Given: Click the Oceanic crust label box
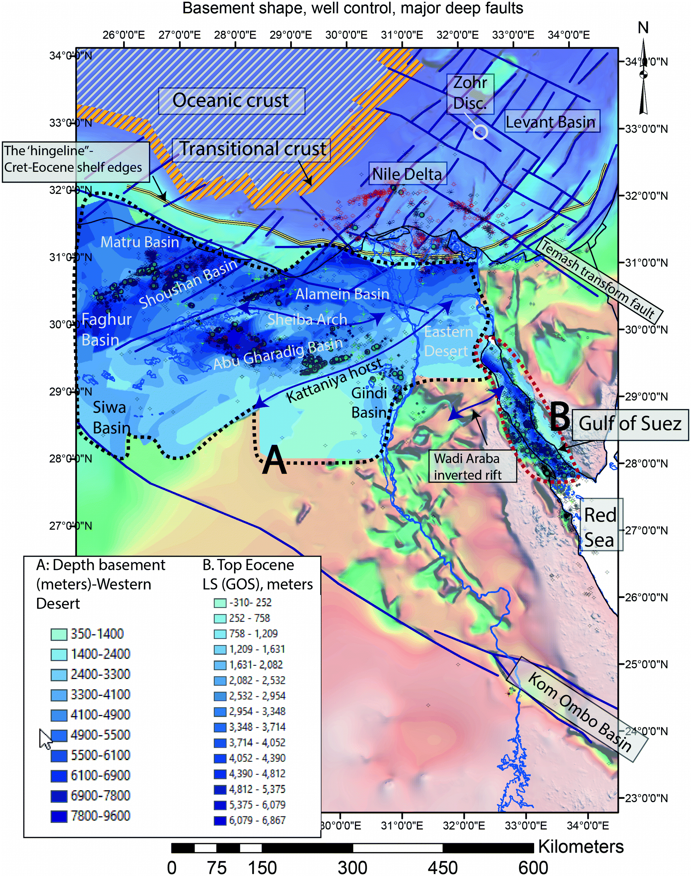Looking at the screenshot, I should pyautogui.click(x=231, y=101).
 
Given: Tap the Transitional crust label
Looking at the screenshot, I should pyautogui.click(x=252, y=149).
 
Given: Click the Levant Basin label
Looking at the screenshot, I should pyautogui.click(x=551, y=122).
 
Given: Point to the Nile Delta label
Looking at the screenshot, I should pyautogui.click(x=407, y=174).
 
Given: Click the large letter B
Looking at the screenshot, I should pyautogui.click(x=560, y=417).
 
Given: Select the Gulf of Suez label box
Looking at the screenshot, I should pyautogui.click(x=629, y=424).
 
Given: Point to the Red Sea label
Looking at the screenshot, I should pyautogui.click(x=600, y=527).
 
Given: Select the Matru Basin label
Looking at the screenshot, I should pyautogui.click(x=139, y=242).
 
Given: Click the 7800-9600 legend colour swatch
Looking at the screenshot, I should pyautogui.click(x=59, y=816).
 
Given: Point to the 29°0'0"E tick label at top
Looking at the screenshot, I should pyautogui.click(x=291, y=35).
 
